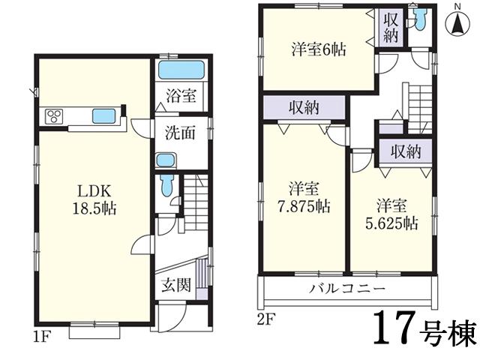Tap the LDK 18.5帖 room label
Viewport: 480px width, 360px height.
click(x=94, y=196)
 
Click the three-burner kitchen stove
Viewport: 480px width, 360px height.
click(x=56, y=115)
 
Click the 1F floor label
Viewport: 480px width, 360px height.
click(x=40, y=336)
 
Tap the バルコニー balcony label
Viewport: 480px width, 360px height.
click(x=348, y=289)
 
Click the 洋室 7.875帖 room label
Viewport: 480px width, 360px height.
click(x=304, y=196)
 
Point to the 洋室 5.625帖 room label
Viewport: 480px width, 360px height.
click(x=392, y=213)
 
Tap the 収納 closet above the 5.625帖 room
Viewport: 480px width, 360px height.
click(x=406, y=152)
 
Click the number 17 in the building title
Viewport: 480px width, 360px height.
click(x=394, y=327)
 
